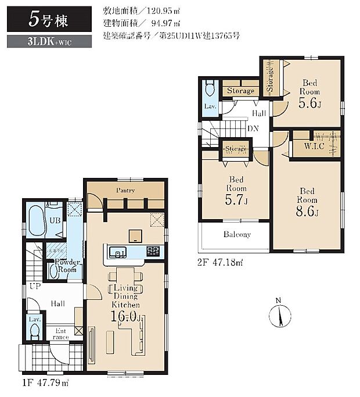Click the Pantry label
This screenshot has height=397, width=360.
(125, 190)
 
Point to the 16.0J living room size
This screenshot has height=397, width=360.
(126, 316)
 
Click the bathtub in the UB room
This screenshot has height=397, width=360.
(36, 220)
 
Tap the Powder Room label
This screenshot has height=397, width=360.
(67, 266)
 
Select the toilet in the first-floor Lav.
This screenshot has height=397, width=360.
(34, 331)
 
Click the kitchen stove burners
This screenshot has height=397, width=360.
(153, 252)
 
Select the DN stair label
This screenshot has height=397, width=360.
(253, 129)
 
